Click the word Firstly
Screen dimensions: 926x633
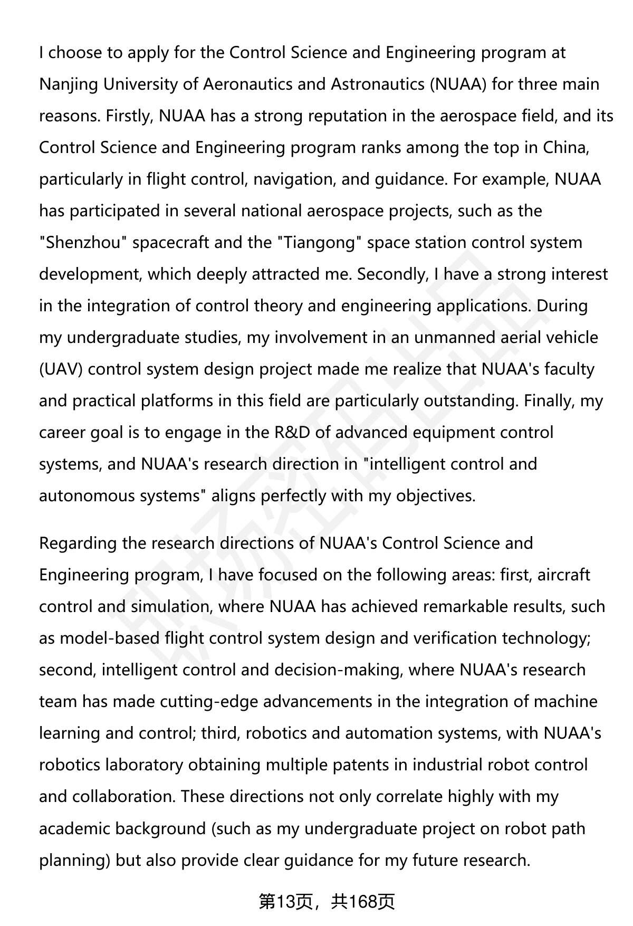click(129, 116)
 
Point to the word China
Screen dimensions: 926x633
click(566, 148)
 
